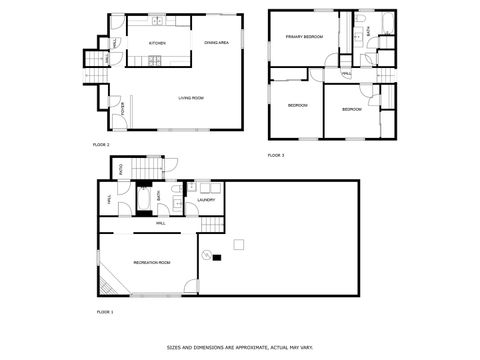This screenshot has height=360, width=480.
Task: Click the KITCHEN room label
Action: coord(157,44)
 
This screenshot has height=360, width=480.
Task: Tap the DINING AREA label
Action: coord(217,43)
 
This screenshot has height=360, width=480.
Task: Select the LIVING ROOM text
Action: coord(191,98)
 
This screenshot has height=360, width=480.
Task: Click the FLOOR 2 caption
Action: coord(101,145)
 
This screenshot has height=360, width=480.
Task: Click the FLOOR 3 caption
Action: coord(276,155)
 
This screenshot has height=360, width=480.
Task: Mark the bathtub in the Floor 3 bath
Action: coord(386,21)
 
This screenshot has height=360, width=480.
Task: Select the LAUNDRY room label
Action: coord(206,200)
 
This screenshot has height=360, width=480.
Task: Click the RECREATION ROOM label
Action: coord(152,262)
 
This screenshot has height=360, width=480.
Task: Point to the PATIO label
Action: coord(121,169)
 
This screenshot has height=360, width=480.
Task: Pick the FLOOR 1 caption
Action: coord(104,313)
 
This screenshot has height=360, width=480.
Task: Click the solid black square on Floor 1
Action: coord(217,258)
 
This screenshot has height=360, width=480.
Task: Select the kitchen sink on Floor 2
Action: coord(157,21)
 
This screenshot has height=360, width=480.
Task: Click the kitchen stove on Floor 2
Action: coord(155,62)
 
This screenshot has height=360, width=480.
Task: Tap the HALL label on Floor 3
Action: coord(346,74)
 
